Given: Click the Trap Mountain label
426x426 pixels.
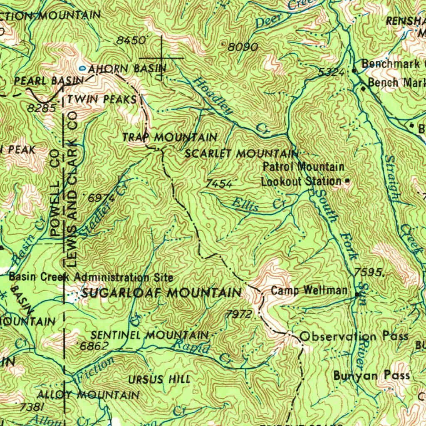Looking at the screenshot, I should click(170, 137).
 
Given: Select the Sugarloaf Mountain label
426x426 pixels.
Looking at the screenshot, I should click(161, 292).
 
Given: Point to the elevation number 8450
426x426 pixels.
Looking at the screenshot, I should click(131, 40).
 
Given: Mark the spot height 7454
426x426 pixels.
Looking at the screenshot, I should click(219, 183).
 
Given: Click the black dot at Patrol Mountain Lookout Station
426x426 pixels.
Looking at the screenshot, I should click(348, 181).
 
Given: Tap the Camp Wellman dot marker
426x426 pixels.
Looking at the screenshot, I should click(357, 295).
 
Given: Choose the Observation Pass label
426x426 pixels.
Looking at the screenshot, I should click(354, 336).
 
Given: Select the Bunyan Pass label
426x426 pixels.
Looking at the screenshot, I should click(372, 376).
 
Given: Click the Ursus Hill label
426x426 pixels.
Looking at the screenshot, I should click(159, 379).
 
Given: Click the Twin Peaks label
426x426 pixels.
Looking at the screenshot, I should click(102, 99).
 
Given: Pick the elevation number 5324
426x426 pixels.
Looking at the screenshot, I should click(331, 72).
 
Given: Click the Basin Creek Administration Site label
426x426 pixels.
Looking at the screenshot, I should click(91, 277).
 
